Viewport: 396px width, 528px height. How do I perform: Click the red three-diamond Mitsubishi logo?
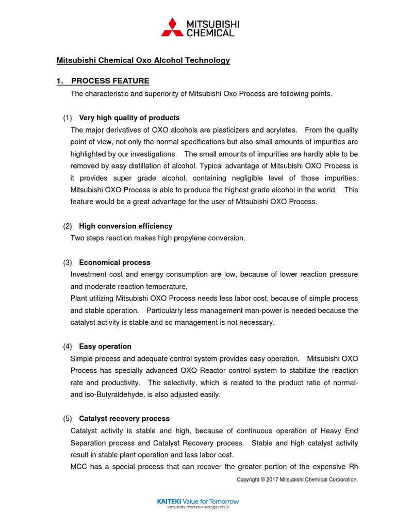[x=172, y=27]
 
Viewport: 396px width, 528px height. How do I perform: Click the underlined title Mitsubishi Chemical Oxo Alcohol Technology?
[x=143, y=60]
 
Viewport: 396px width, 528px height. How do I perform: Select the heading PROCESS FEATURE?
[x=110, y=81]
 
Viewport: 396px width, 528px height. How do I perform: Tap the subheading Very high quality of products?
[x=129, y=118]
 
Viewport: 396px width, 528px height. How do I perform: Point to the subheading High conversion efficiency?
[x=125, y=226]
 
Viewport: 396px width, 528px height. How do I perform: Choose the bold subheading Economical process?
[x=114, y=262]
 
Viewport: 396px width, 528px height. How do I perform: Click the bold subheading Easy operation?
[x=105, y=346]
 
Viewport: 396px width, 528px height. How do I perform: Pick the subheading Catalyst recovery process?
[x=124, y=419]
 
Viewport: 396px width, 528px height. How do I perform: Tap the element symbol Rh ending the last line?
[x=353, y=467]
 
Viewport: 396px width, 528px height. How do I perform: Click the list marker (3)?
[x=68, y=262]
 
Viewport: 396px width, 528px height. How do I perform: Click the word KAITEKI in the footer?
[x=170, y=501]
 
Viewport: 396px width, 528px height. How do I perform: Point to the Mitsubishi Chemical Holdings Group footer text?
[x=197, y=507]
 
